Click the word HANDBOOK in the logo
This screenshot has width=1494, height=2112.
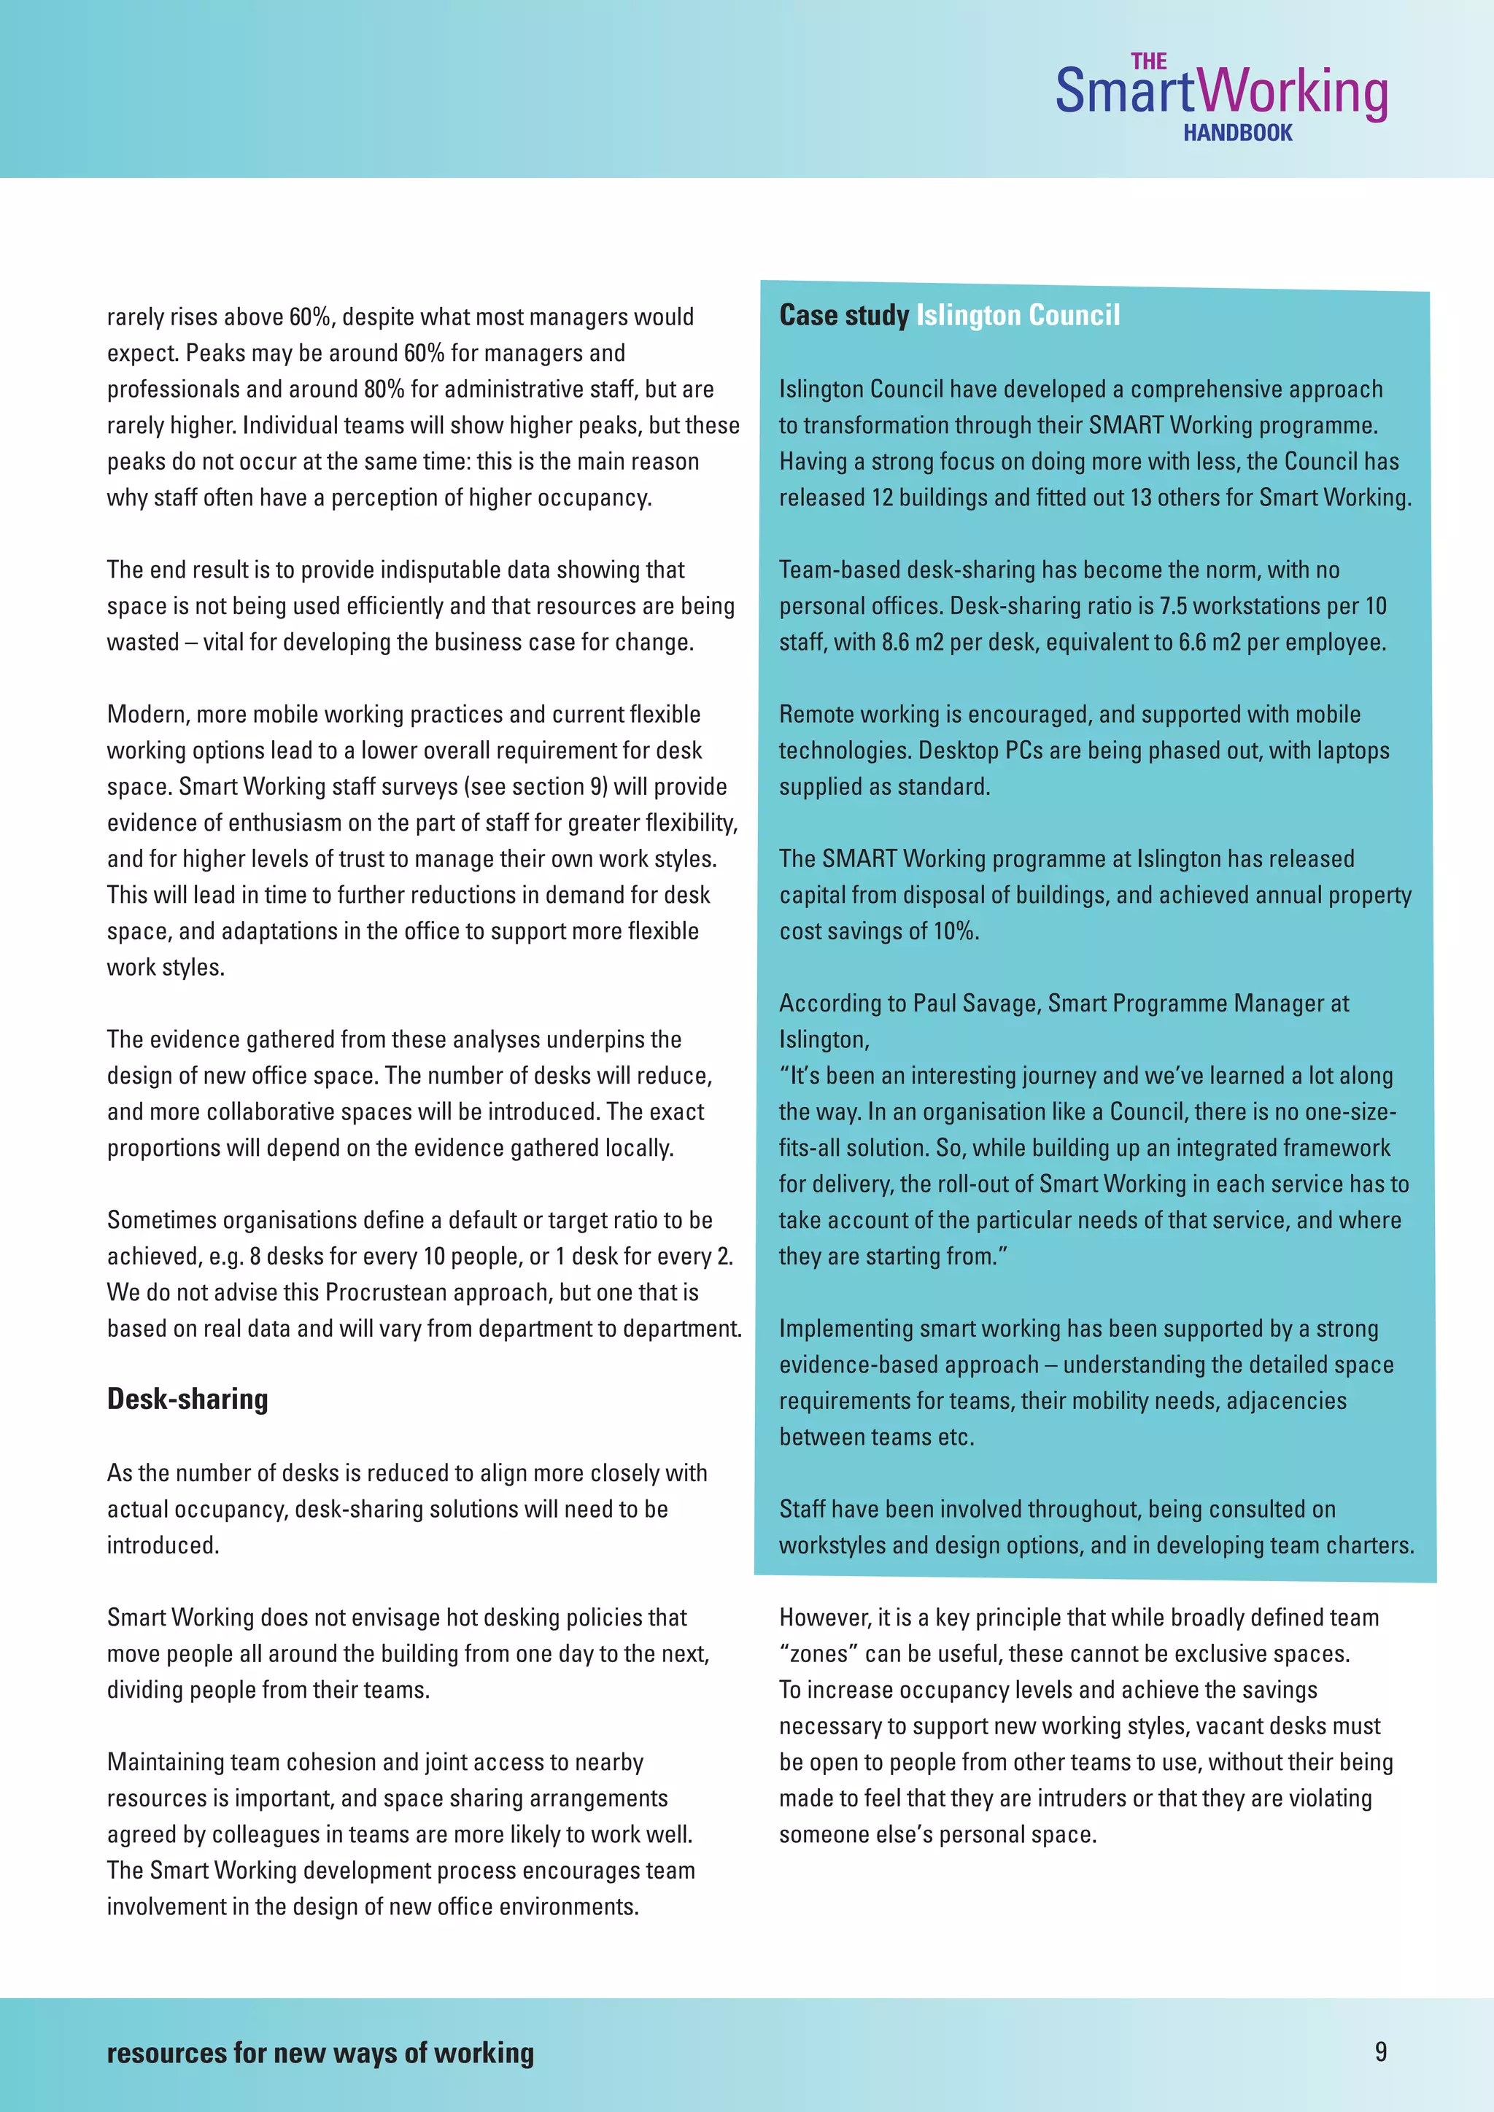click(1237, 133)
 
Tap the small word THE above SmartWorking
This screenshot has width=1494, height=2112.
click(1148, 62)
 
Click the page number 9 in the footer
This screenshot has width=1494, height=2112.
click(1380, 2051)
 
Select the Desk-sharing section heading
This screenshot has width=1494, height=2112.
click(187, 1399)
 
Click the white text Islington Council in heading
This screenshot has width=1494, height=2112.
click(1018, 316)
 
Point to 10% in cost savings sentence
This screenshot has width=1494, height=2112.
click(954, 932)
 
